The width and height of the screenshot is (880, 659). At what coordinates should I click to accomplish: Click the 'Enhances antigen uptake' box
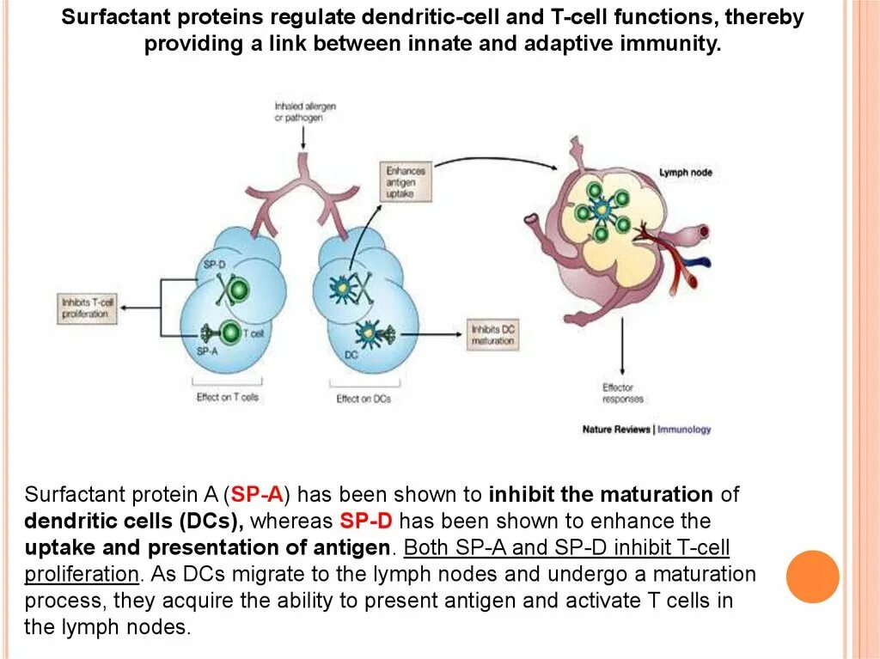(x=405, y=182)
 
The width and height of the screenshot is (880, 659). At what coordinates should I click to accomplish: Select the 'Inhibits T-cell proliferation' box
(x=85, y=308)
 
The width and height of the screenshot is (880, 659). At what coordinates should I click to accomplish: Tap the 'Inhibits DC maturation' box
(x=492, y=335)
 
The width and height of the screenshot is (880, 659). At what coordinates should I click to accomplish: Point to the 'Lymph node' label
(x=685, y=173)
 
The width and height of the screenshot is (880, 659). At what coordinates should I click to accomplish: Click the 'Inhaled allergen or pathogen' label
(x=304, y=112)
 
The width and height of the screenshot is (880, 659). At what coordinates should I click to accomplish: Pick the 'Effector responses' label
(x=622, y=394)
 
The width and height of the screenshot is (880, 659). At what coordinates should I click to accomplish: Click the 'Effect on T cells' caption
(x=227, y=398)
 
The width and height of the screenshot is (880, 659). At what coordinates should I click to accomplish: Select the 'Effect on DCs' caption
(x=364, y=399)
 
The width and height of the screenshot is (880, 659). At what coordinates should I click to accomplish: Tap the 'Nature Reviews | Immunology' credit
(x=646, y=429)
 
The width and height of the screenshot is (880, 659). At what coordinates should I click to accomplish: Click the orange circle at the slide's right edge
(x=812, y=577)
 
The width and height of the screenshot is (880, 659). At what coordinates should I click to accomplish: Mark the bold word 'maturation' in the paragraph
(x=656, y=495)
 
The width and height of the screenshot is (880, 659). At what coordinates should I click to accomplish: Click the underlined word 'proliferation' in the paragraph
(x=82, y=574)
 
